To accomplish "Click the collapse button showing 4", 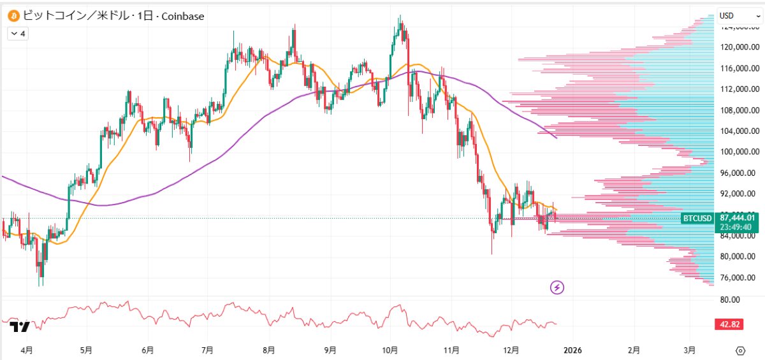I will click(x=17, y=34).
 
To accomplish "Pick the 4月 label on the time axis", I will click(x=26, y=350).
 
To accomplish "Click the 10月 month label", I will click(x=391, y=350).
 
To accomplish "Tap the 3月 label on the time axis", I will click(x=689, y=350).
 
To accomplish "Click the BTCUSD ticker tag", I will click(x=697, y=219).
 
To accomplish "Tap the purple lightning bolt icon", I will click(x=558, y=287).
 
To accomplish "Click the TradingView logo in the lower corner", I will click(x=20, y=327).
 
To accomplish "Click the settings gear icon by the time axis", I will click(x=740, y=350).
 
